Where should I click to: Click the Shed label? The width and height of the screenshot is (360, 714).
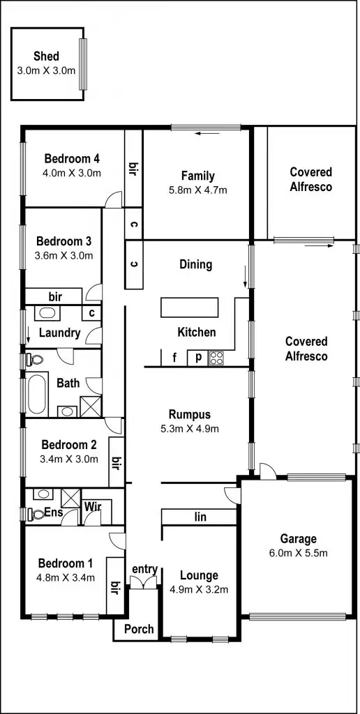pyautogui.click(x=46, y=56)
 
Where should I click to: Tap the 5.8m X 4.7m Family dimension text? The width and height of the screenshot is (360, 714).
pyautogui.click(x=197, y=190)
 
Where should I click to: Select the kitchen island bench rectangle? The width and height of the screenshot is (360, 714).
pyautogui.click(x=189, y=307)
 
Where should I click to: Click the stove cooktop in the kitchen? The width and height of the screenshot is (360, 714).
pyautogui.click(x=217, y=358)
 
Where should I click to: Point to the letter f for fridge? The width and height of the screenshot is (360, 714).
pyautogui.click(x=174, y=358)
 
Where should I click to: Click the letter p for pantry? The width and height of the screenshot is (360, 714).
pyautogui.click(x=198, y=358)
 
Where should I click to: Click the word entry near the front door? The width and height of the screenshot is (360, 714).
pyautogui.click(x=144, y=569)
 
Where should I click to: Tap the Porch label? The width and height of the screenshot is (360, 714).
pyautogui.click(x=138, y=629)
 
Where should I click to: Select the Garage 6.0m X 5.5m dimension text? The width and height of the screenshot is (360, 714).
pyautogui.click(x=299, y=554)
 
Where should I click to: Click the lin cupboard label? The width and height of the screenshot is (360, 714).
pyautogui.click(x=200, y=517)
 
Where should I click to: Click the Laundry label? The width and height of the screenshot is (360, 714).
pyautogui.click(x=59, y=333)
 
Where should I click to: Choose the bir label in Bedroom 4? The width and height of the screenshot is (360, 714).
pyautogui.click(x=133, y=168)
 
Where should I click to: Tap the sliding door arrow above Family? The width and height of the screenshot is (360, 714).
pyautogui.click(x=204, y=135)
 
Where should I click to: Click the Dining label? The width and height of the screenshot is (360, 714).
pyautogui.click(x=195, y=264)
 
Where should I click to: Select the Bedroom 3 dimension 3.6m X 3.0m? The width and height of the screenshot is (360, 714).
pyautogui.click(x=64, y=255)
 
